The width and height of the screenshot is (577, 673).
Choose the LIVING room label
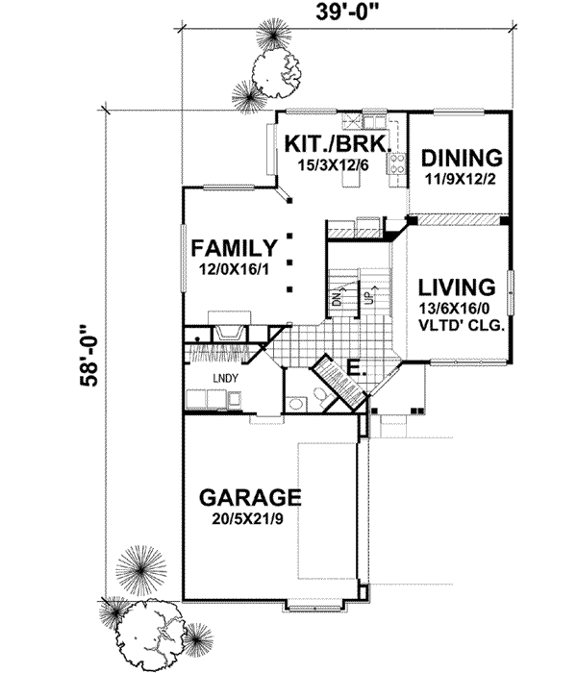point(458,287)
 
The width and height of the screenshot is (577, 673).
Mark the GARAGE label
point(250,498)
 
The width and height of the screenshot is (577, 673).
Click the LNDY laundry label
point(226,378)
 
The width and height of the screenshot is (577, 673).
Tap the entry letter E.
point(352,367)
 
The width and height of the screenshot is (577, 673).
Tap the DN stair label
point(338,296)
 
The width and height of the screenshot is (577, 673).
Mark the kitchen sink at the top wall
point(355,122)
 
